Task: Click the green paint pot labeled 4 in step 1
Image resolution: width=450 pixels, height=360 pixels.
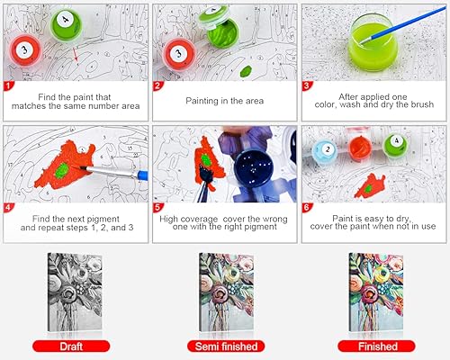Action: click(65, 24)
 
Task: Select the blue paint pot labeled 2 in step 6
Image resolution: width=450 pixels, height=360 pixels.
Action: click(327, 149)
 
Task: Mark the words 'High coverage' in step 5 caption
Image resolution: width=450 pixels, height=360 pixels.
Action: click(193, 216)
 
